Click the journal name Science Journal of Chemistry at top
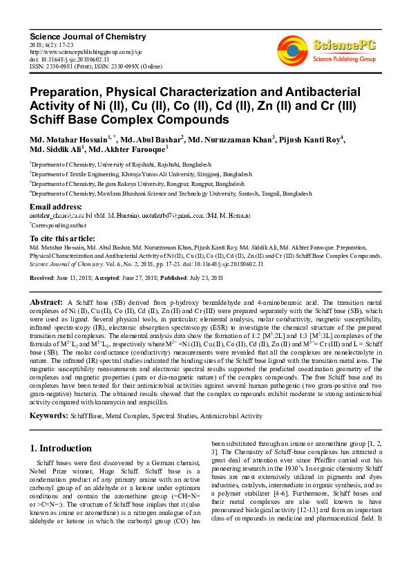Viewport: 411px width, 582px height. pos(75,35)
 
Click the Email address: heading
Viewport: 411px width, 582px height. pos(56,207)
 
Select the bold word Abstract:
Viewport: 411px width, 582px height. pos(47,303)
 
